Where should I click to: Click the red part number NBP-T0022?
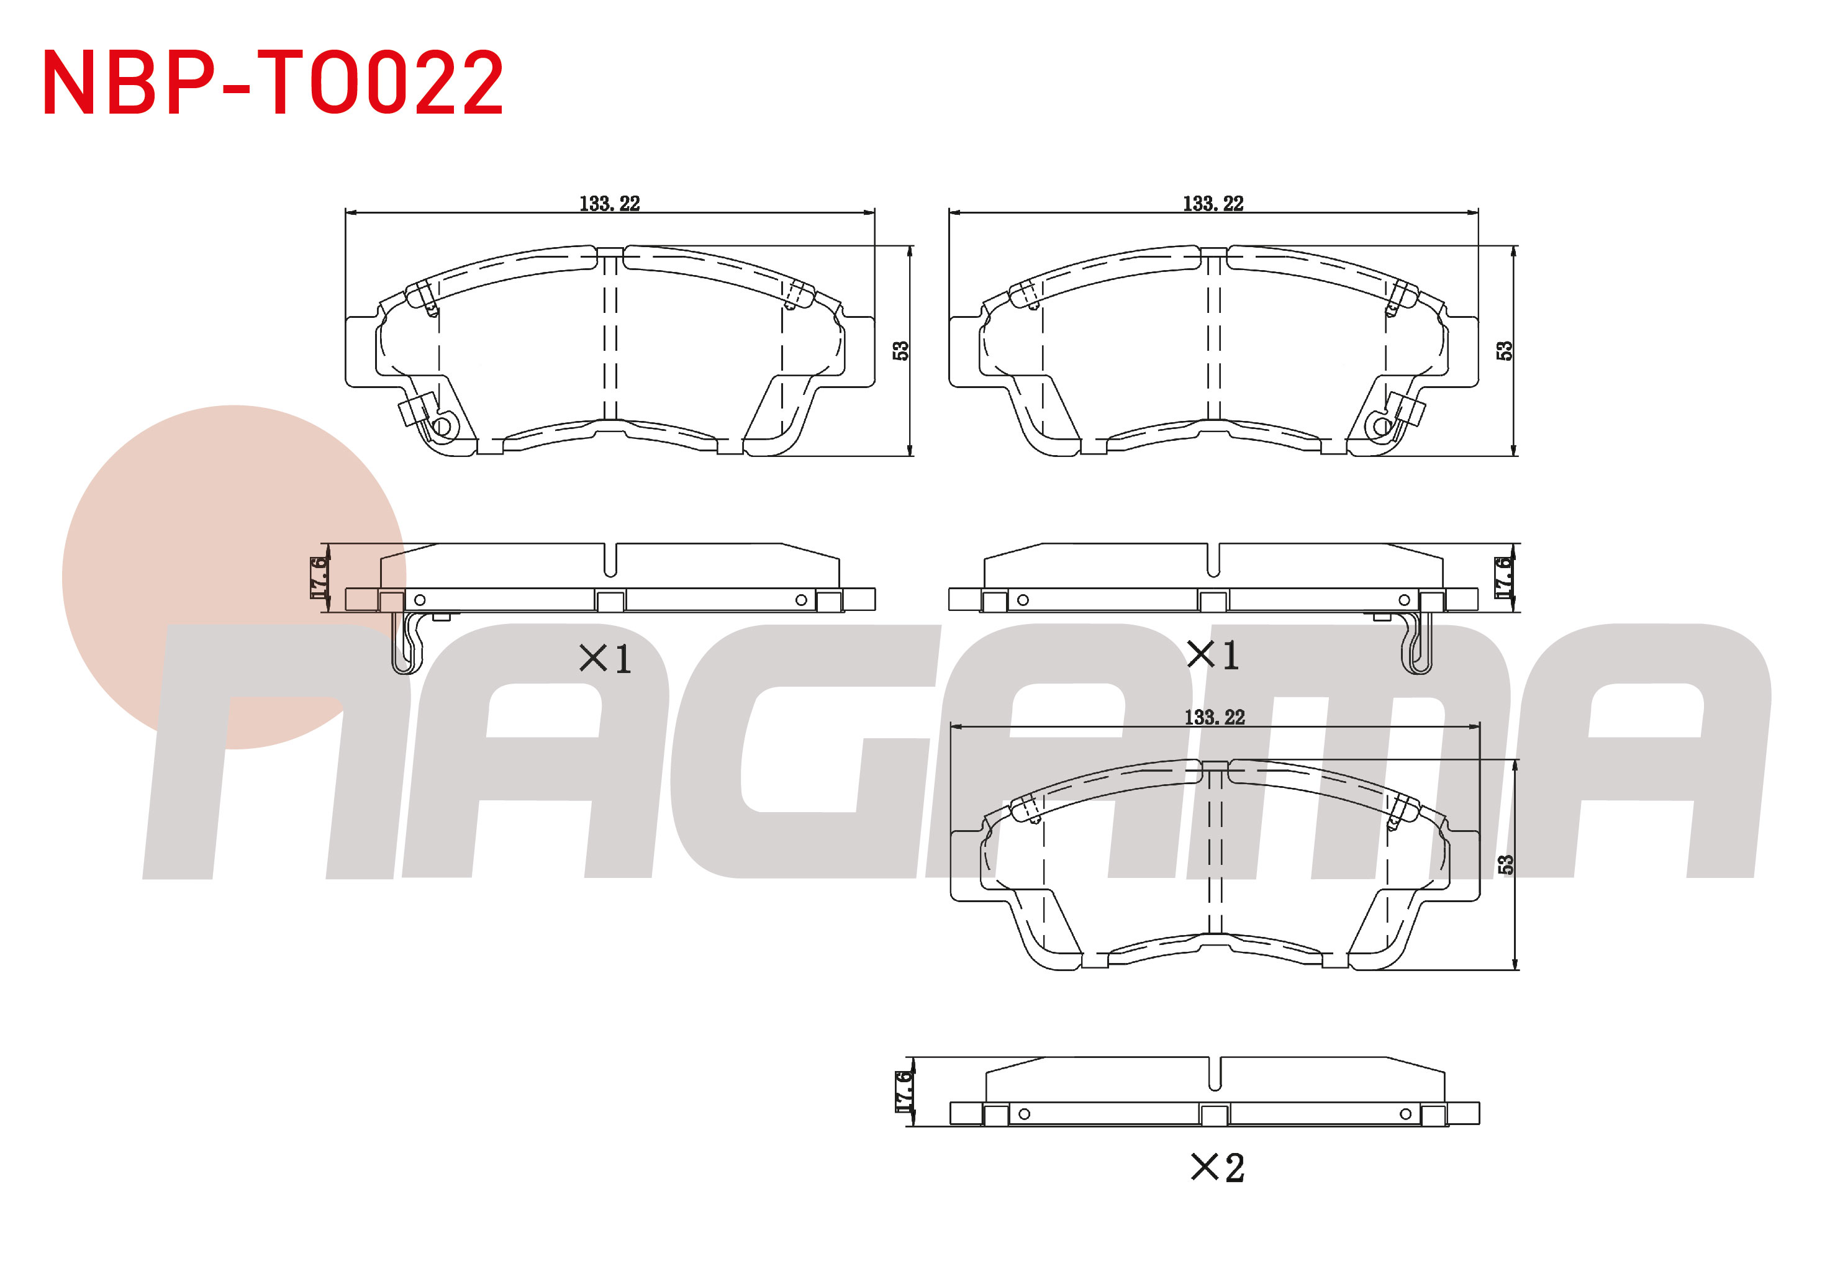pyautogui.click(x=273, y=83)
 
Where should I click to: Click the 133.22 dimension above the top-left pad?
pyautogui.click(x=610, y=204)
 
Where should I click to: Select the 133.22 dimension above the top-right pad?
pyautogui.click(x=1213, y=204)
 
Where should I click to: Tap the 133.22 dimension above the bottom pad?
pyautogui.click(x=1215, y=718)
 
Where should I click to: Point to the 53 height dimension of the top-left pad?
pyautogui.click(x=900, y=351)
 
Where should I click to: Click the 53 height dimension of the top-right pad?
pyautogui.click(x=1504, y=351)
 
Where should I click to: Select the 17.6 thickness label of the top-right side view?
pyautogui.click(x=1503, y=577)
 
